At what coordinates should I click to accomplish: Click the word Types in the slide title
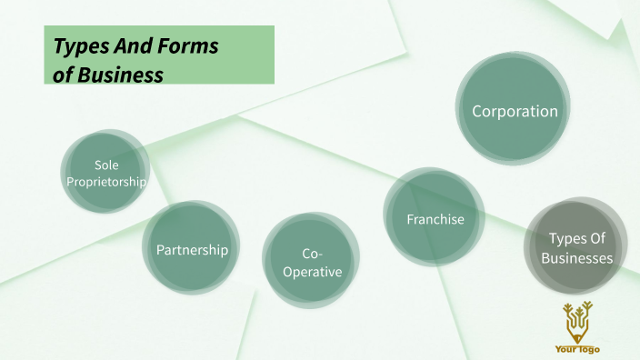point(80,46)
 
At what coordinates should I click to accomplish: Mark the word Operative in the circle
point(311,272)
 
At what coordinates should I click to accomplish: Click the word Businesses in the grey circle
point(577,258)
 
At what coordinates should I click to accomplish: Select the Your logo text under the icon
point(577,349)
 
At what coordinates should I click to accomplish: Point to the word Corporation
point(515,112)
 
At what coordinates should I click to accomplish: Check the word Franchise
point(435,219)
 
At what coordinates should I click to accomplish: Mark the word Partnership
point(192,249)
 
